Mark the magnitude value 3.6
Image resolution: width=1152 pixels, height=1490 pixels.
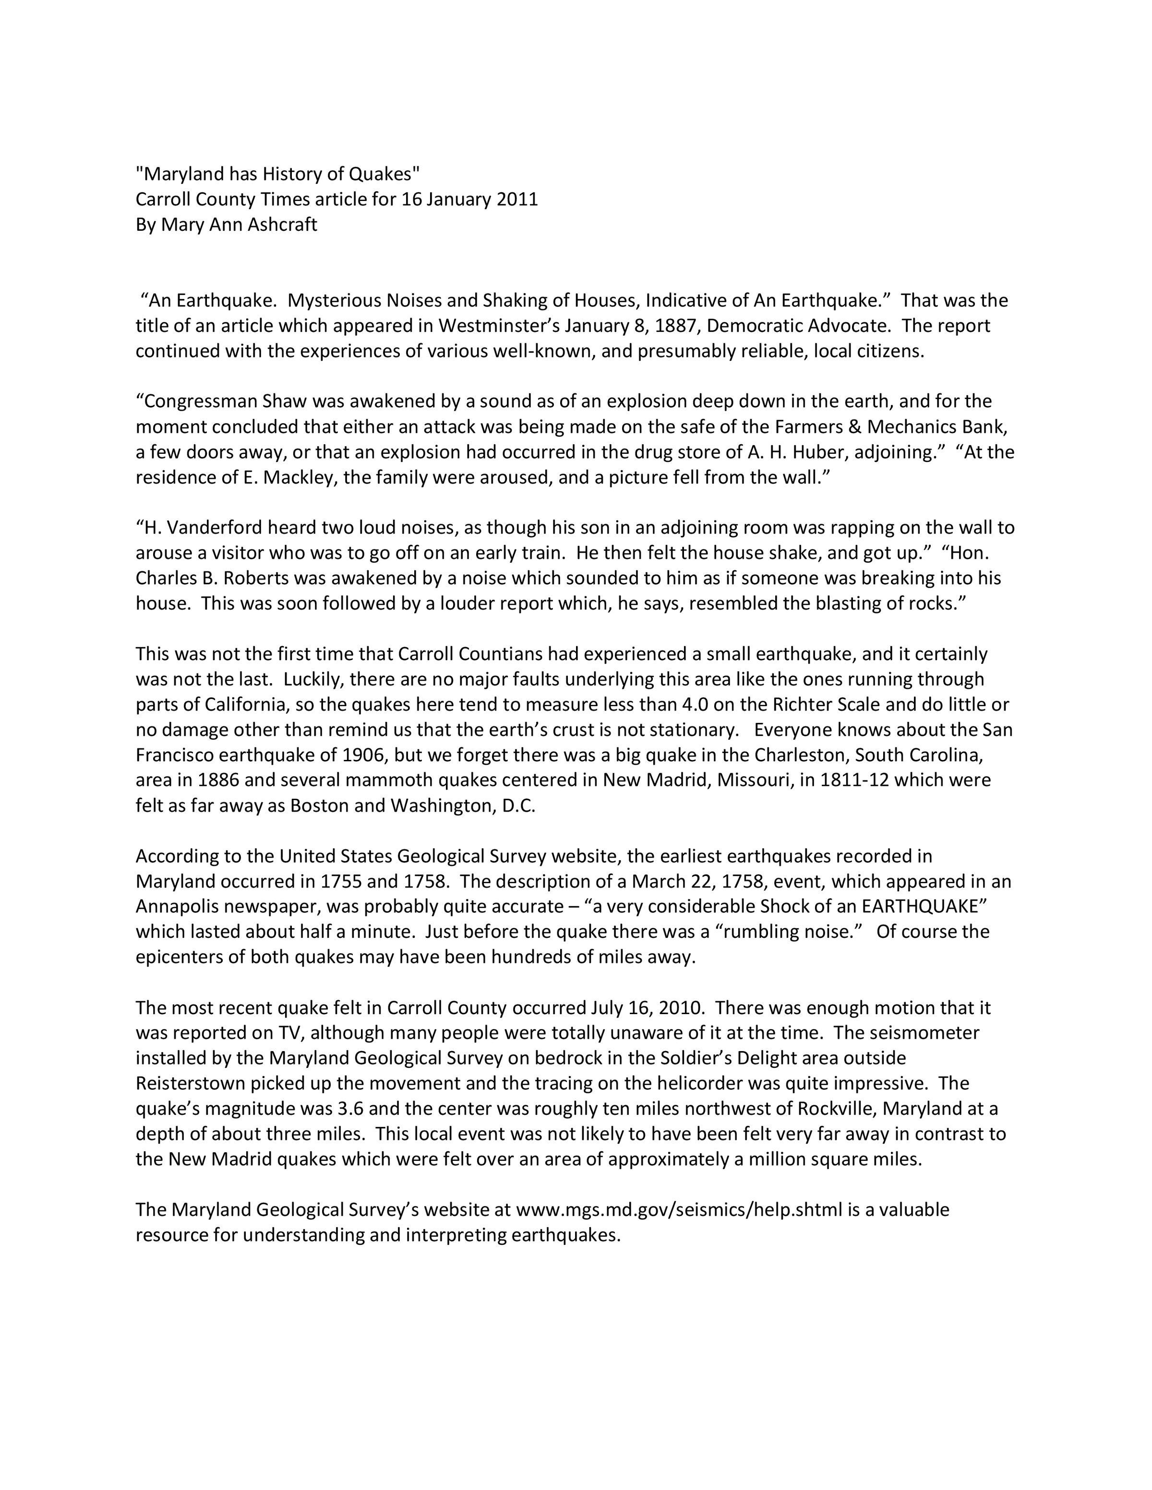point(352,1109)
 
